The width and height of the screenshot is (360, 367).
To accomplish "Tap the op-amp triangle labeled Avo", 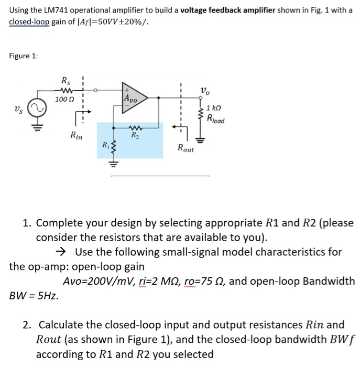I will [132, 98].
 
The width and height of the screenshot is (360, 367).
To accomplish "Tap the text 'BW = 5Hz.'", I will [34, 295].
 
